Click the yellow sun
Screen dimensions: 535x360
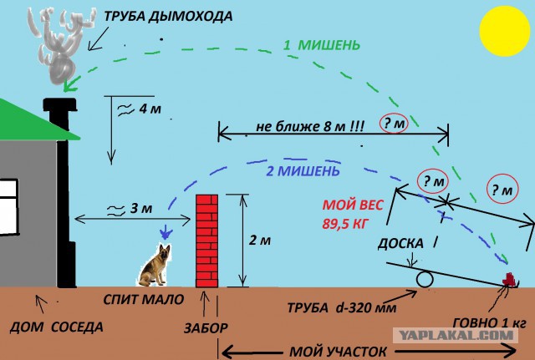504,31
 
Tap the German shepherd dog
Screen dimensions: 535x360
155,265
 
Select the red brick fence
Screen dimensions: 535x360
206,241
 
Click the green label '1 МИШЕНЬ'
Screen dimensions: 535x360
322,45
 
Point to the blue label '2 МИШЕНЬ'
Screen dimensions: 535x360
303,170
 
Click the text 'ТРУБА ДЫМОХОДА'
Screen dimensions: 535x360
168,16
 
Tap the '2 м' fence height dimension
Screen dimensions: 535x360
260,241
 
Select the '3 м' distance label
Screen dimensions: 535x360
141,208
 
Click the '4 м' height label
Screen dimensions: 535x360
150,109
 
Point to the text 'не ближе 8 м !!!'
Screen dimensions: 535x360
310,127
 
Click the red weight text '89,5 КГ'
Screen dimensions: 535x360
345,224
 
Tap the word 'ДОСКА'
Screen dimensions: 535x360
400,243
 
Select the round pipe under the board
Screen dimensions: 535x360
425,279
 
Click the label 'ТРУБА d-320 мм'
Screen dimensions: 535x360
342,308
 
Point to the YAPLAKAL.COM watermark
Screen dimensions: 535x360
456,336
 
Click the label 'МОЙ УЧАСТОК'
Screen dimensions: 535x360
338,352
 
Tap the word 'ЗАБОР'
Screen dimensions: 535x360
206,328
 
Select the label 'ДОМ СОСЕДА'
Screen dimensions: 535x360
56,327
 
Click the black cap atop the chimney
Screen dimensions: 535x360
59,104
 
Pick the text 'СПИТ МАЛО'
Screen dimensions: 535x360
144,299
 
